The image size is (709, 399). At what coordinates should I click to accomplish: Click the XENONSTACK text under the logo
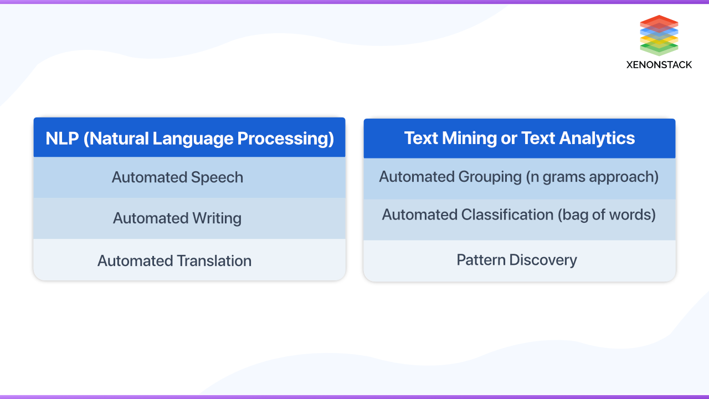point(659,65)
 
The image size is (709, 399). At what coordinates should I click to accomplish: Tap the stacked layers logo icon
point(659,35)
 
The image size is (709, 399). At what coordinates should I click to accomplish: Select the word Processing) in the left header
point(286,139)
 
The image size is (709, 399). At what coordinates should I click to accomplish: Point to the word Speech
point(217,177)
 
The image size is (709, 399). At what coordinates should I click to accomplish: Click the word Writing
point(217,218)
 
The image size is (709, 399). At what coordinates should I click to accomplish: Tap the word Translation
point(214,260)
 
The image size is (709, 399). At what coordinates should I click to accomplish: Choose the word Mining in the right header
point(470,138)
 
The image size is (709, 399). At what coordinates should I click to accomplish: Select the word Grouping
point(490,177)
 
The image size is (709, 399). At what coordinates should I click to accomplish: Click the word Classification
point(502,214)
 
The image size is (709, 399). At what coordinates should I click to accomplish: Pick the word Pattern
point(481,260)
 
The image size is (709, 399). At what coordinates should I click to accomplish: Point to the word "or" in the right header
point(509,138)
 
